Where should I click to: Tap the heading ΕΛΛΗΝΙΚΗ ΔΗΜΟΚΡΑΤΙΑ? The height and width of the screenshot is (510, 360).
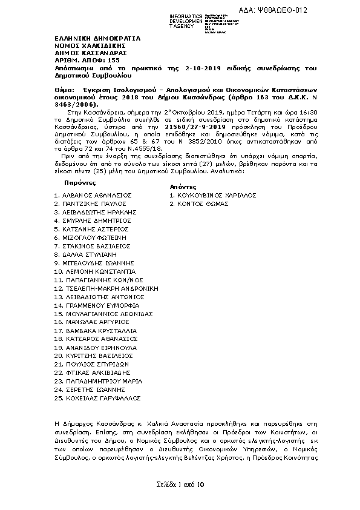pyautogui.click(x=97, y=38)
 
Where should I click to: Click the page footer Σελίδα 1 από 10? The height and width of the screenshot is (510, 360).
pyautogui.click(x=180, y=485)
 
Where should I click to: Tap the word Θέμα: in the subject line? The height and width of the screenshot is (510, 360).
pyautogui.click(x=59, y=88)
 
